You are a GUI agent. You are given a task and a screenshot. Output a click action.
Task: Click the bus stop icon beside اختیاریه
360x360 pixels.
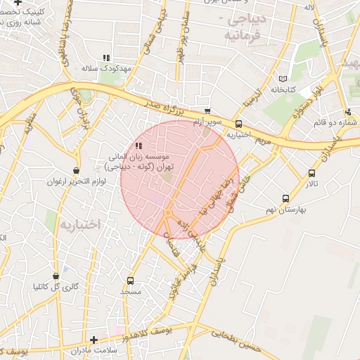tap(239, 124)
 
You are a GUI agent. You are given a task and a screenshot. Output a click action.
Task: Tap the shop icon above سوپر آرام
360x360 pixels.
tap(207, 111)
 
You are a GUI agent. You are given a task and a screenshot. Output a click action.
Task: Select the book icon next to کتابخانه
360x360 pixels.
tap(283, 79)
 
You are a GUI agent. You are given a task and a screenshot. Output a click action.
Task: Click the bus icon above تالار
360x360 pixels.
tap(311, 173)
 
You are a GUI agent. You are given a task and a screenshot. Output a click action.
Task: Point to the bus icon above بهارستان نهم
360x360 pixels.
tap(285, 198)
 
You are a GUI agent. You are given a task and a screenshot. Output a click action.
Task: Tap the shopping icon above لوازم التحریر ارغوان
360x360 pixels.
tap(76, 170)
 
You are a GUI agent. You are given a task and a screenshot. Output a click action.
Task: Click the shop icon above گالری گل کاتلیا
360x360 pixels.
tap(56, 276)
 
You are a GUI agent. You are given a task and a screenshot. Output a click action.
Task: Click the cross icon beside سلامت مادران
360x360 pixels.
tap(94, 340)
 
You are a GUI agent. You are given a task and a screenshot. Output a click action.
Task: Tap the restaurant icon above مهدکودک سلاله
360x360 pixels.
tap(106, 58)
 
